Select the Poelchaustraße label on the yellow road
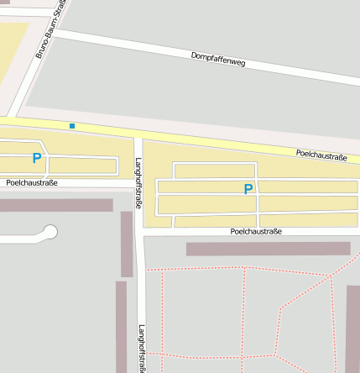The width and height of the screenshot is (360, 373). click(x=321, y=155)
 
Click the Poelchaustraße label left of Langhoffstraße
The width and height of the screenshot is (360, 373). click(x=31, y=182)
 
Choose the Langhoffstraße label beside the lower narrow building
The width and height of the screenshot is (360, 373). click(x=142, y=348)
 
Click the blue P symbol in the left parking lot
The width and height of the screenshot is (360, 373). click(x=36, y=157)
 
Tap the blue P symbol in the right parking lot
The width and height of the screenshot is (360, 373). click(x=248, y=189)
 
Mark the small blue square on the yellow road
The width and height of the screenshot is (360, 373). click(x=72, y=126)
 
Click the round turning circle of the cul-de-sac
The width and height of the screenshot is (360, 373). click(x=50, y=232)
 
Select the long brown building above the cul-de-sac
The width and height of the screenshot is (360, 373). click(x=55, y=205)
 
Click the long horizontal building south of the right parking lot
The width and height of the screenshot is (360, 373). click(x=268, y=249)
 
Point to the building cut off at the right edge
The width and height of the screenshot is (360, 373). click(x=352, y=328)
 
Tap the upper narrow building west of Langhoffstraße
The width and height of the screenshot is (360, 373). click(x=127, y=244)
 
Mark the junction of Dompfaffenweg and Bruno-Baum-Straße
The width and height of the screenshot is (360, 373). click(x=55, y=34)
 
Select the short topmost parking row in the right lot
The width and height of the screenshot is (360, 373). click(x=214, y=171)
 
